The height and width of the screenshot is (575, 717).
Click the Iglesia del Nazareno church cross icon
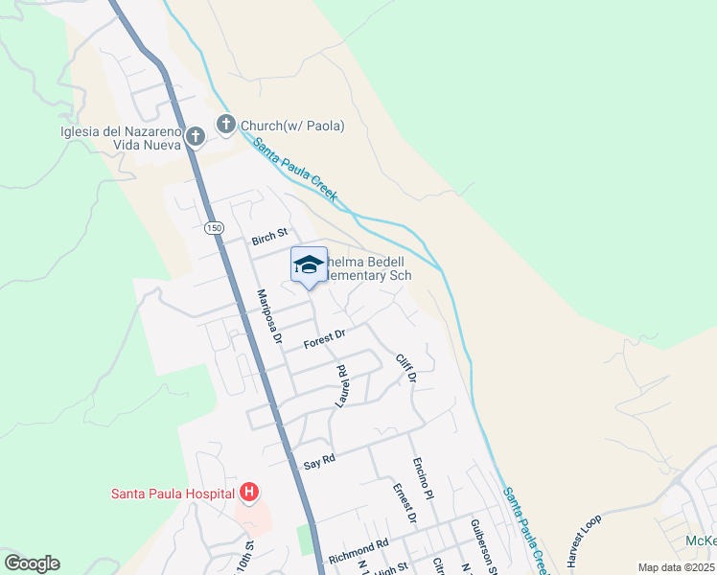pyautogui.click(x=196, y=136)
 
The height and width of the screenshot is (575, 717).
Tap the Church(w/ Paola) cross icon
pyautogui.click(x=226, y=124)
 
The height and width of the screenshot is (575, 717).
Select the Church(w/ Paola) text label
pyautogui.click(x=291, y=126)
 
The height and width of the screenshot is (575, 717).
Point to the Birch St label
pyautogui.click(x=269, y=236)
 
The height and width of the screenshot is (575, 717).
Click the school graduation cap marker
pyautogui.click(x=309, y=264)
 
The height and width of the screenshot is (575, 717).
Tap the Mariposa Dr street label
pyautogui.click(x=268, y=317)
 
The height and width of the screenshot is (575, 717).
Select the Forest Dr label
pyautogui.click(x=323, y=338)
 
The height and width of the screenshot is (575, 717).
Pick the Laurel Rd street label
pyautogui.click(x=340, y=386)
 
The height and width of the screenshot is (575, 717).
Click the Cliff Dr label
pyautogui.click(x=406, y=368)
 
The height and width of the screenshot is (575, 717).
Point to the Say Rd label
pyautogui.click(x=318, y=461)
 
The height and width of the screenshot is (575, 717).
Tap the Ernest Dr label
pyautogui.click(x=405, y=504)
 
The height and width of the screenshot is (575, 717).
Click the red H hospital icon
pyautogui.click(x=249, y=493)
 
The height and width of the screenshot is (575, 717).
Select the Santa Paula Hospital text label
pyautogui.click(x=173, y=494)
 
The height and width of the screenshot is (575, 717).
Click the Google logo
pyautogui.click(x=32, y=563)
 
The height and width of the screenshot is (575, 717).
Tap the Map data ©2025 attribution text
pyautogui.click(x=675, y=567)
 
